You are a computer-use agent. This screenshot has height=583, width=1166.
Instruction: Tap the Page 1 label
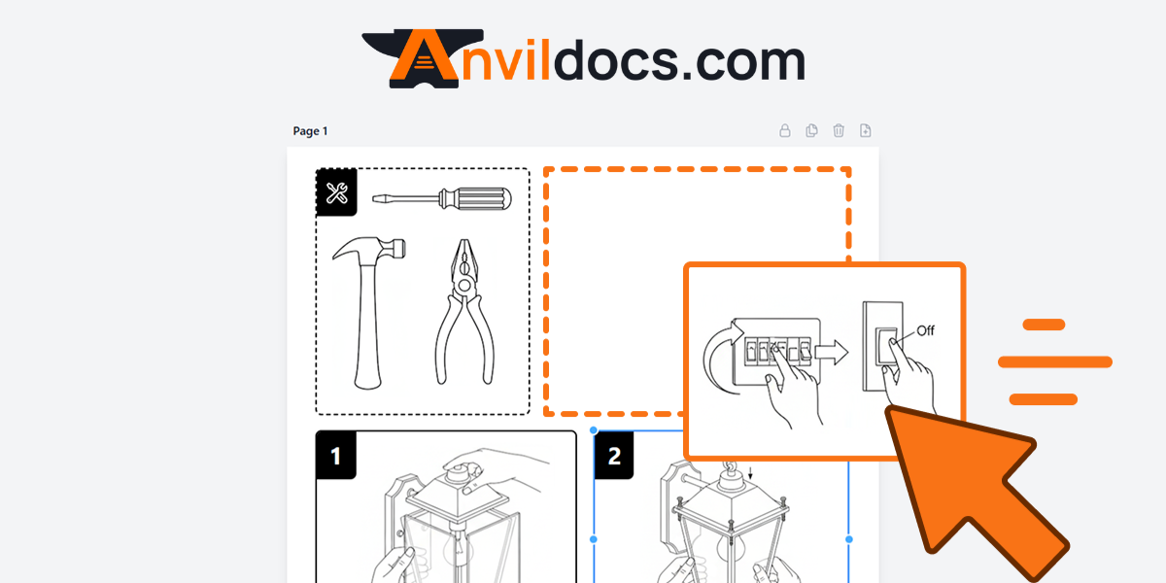pyautogui.click(x=311, y=131)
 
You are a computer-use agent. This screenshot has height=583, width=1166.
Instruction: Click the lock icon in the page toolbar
pyautogui.click(x=785, y=131)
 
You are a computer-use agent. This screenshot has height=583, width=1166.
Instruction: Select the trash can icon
pyautogui.click(x=839, y=131)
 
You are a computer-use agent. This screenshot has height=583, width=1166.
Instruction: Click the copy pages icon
pyautogui.click(x=812, y=131)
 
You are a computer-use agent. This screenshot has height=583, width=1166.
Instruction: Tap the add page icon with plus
pyautogui.click(x=866, y=131)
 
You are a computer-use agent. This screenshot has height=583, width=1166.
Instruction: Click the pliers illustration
pyautogui.click(x=464, y=311)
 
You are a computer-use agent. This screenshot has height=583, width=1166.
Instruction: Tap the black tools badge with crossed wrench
pyautogui.click(x=337, y=192)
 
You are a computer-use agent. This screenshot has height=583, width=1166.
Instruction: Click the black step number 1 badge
pyautogui.click(x=336, y=456)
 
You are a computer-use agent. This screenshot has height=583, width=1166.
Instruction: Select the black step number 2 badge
pyautogui.click(x=614, y=456)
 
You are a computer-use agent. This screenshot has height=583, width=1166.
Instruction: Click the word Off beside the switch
pyautogui.click(x=925, y=330)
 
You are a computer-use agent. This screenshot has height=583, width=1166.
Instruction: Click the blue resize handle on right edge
pyautogui.click(x=849, y=538)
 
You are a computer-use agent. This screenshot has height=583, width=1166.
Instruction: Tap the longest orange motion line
pyautogui.click(x=1055, y=361)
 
